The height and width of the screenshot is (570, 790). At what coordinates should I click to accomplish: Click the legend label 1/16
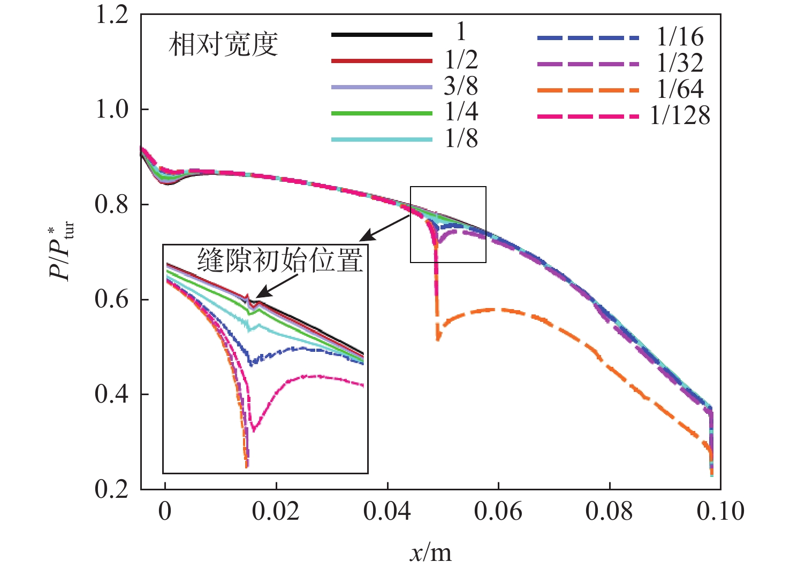pos(680,37)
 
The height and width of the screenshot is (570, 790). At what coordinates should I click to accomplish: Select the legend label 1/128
pos(680,115)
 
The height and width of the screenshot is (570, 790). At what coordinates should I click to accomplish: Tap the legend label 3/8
pos(461,86)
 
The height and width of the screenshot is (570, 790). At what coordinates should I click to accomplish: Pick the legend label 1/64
pos(680,89)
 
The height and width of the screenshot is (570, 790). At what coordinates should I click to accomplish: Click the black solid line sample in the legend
pos(382,35)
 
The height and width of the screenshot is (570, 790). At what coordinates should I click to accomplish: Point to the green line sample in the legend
pos(382,113)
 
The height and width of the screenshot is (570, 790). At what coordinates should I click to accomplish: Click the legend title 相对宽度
pos(223,45)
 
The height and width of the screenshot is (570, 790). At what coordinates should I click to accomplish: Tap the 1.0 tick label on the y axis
pos(112,110)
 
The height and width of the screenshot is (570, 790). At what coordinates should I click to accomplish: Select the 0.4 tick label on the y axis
pos(112,395)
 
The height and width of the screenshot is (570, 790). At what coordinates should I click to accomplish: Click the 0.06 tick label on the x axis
pos(498,512)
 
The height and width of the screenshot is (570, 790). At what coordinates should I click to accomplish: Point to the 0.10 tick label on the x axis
pos(720,512)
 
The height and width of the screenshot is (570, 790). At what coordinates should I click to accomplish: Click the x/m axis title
pos(431,552)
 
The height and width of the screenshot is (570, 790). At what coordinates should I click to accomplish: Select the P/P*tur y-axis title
pos(62,251)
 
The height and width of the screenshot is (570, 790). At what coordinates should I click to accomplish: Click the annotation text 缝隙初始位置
pos(280,260)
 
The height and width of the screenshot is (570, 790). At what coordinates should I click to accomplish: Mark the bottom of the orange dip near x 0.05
pos(438,338)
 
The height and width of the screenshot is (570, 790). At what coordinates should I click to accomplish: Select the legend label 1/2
pos(461,60)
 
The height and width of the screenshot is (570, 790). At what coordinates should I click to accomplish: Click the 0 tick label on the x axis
pos(165,512)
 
